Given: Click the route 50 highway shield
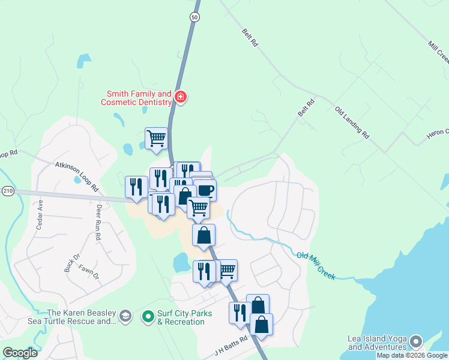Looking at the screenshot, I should click(x=194, y=17).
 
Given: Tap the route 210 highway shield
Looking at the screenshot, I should click(x=7, y=191).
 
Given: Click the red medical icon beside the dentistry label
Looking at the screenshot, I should click(x=180, y=97).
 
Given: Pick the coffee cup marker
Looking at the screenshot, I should click(x=205, y=190).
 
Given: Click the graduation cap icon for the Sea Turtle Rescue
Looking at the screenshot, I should click(x=125, y=316).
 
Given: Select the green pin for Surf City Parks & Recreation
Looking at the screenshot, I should click(x=148, y=316).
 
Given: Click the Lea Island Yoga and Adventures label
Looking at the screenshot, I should click(x=377, y=343).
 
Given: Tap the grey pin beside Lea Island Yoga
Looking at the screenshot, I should click(x=415, y=343).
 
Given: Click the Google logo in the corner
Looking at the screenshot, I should click(x=20, y=353).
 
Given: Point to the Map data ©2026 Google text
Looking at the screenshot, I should click(x=412, y=355).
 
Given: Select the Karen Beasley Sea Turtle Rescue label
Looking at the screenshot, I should click(x=82, y=317).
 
